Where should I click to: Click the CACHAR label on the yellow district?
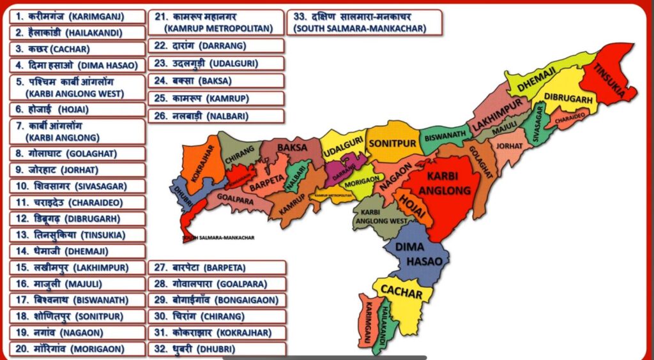coord(401,292)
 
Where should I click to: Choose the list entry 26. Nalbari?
coord(216,116)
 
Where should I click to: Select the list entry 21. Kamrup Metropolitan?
coord(216,22)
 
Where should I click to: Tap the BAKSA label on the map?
coord(293,147)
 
